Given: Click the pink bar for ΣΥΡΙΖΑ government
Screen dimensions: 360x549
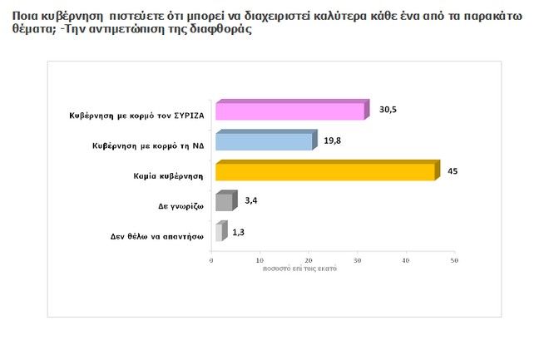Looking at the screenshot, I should (289, 111).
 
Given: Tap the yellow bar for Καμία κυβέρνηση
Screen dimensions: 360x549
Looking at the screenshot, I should (324, 172).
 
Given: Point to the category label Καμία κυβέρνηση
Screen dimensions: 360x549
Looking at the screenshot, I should (157, 176).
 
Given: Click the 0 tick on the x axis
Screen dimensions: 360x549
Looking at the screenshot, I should (212, 261).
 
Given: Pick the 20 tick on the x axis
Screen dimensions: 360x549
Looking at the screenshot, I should (309, 261).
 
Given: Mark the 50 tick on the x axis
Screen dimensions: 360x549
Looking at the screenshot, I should (454, 261).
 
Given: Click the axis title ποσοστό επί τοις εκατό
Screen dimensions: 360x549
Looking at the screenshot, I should (299, 270).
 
